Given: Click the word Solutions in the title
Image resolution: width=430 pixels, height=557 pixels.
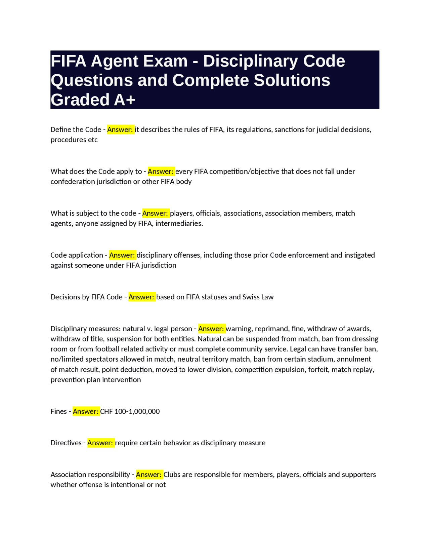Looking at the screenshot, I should coord(292,80).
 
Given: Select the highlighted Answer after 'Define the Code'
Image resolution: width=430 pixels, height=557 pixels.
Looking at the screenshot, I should coord(120,130).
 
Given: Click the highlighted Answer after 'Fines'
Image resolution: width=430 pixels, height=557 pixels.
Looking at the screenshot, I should coord(86,411).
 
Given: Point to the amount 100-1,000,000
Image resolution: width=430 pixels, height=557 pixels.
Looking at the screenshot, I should coord(137,411).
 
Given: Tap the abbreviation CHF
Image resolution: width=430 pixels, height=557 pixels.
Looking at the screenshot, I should coord(106,411).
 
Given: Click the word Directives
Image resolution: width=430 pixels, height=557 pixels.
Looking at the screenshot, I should coord(66,443).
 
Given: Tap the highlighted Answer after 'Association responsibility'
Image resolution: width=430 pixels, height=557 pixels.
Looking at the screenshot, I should coord(149,475).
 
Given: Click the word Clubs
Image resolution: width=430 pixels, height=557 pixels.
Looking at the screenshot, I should coord(172,475).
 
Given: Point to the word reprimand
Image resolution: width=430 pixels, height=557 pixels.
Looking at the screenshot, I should coord(271,329).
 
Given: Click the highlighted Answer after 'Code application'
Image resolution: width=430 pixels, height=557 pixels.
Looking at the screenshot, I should coord(122,255).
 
